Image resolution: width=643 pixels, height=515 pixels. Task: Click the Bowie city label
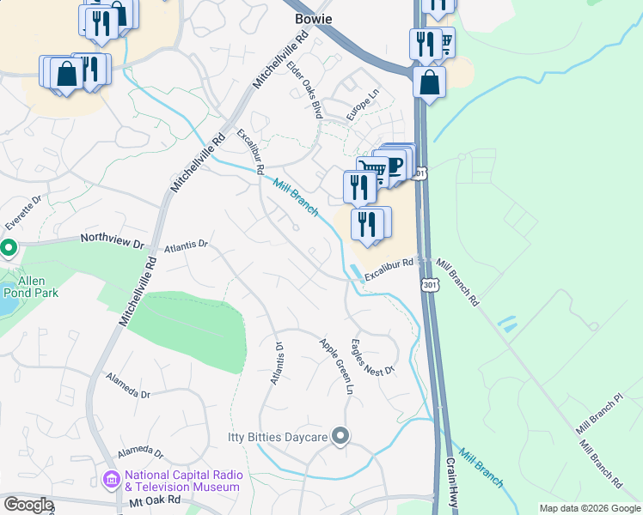click(x=313, y=19)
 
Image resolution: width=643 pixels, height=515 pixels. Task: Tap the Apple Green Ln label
click(x=337, y=366)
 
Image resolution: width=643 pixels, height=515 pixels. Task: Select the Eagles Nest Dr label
click(x=371, y=357)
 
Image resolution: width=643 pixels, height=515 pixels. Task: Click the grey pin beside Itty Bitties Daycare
click(x=340, y=437)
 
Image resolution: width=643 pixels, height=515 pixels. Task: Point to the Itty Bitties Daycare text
click(x=278, y=438)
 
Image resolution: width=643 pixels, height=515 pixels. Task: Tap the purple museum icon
click(x=112, y=480)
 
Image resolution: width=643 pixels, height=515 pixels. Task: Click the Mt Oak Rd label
click(x=155, y=500)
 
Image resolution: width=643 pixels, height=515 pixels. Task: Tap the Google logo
click(x=28, y=505)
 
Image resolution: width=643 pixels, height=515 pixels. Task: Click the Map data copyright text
click(x=590, y=508)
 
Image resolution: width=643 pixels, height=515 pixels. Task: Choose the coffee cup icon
click(x=396, y=163)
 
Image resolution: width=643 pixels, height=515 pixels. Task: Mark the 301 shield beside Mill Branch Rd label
click(x=428, y=283)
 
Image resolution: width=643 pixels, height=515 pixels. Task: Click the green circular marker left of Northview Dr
click(x=9, y=249)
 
